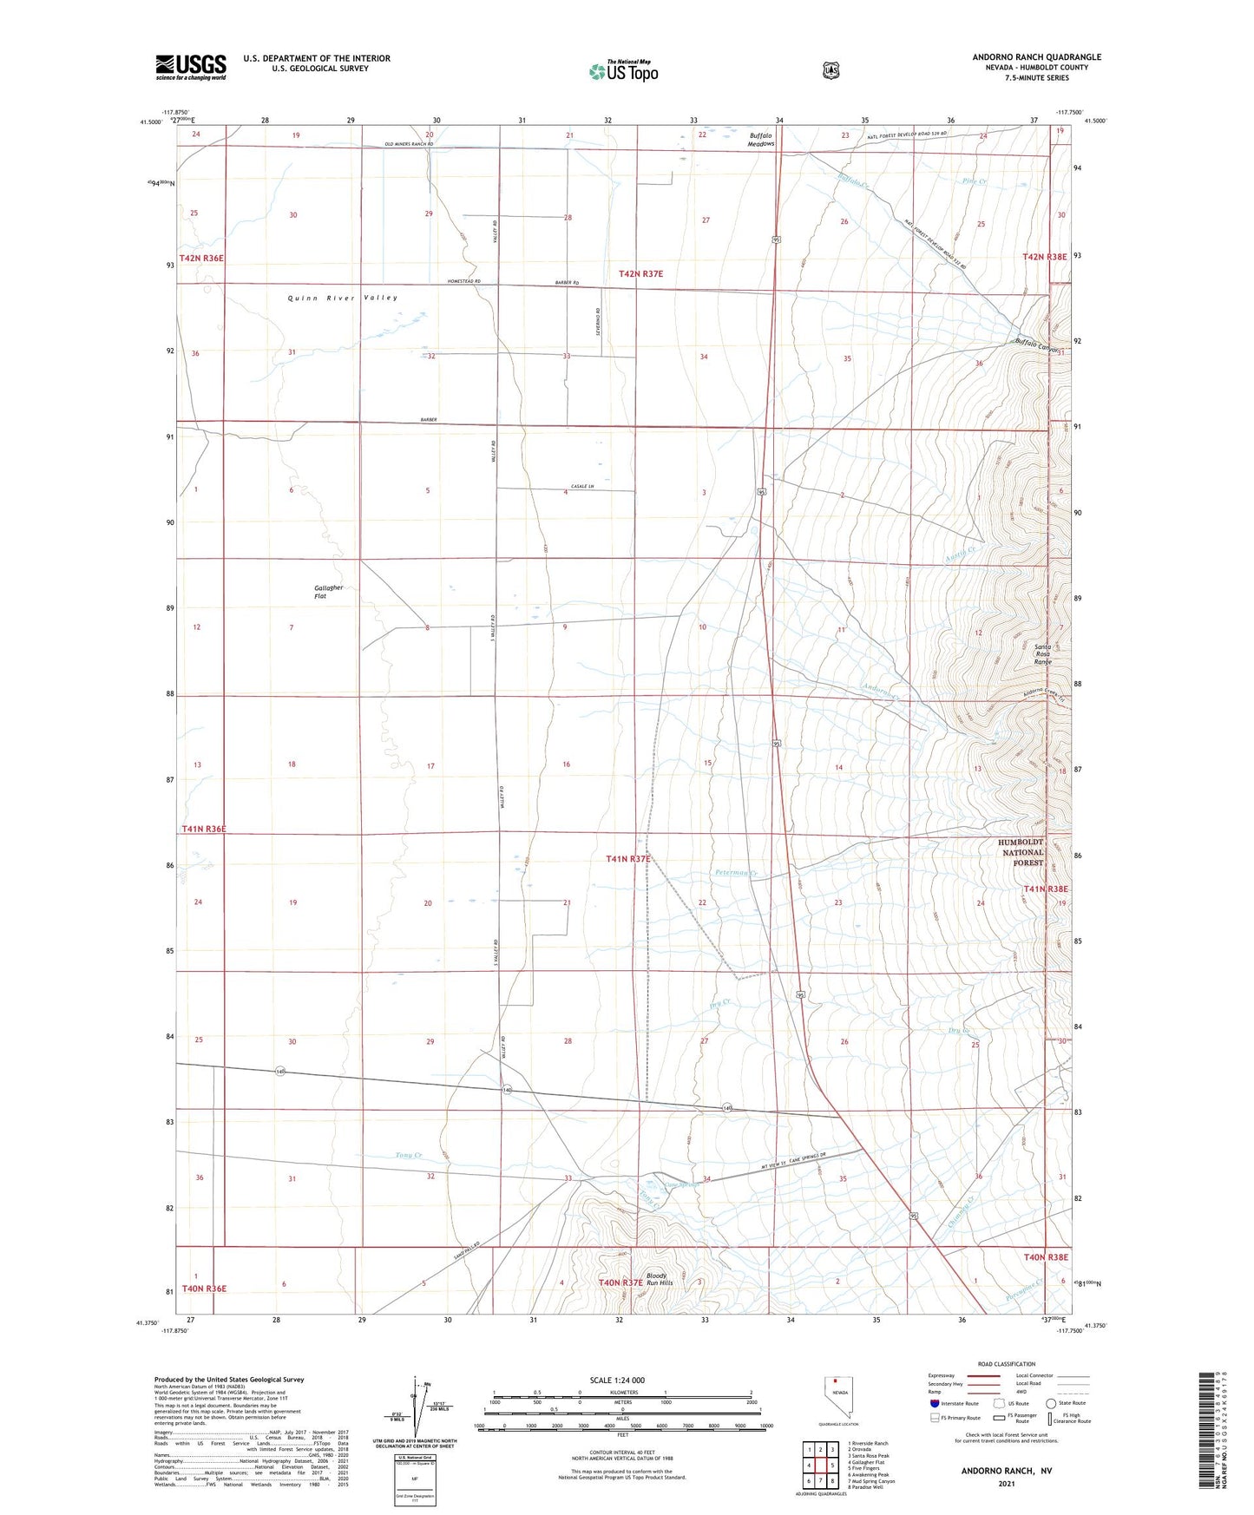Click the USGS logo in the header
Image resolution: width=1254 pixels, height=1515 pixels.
(x=191, y=67)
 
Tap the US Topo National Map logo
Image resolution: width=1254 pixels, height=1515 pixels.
(x=623, y=70)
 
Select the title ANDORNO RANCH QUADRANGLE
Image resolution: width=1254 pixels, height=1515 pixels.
(x=1036, y=57)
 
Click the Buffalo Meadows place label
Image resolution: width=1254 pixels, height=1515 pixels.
(x=761, y=140)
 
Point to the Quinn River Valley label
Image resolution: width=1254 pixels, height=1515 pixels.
(x=343, y=298)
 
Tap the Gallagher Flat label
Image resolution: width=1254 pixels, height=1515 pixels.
(x=329, y=592)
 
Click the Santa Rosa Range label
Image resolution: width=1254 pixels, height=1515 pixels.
(x=1042, y=654)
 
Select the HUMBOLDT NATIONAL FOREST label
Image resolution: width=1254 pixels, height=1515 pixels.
(x=1021, y=852)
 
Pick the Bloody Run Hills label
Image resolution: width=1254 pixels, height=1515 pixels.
(x=657, y=1280)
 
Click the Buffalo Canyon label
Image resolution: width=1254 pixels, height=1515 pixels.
(x=1037, y=344)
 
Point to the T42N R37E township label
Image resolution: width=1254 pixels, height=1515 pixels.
(x=640, y=273)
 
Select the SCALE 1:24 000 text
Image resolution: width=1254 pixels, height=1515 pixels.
(x=617, y=1381)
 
